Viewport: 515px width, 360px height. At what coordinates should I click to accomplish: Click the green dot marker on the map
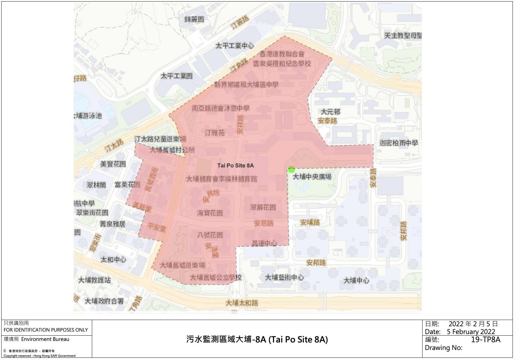tap(291, 169)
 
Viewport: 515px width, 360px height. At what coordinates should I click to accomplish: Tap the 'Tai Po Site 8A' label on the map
tap(235, 166)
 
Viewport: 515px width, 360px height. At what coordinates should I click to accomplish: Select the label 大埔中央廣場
tap(312, 177)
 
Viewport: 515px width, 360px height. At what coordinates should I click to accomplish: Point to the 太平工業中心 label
tap(234, 46)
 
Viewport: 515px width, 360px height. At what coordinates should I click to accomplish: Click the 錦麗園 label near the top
tap(194, 19)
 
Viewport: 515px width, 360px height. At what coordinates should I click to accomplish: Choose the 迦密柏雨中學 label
tap(398, 143)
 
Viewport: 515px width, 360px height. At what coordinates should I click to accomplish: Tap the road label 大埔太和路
tap(242, 303)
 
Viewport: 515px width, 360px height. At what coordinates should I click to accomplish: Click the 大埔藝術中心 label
tap(284, 277)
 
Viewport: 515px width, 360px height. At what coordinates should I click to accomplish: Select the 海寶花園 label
tap(210, 213)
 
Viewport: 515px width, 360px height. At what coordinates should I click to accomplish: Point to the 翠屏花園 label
tap(263, 207)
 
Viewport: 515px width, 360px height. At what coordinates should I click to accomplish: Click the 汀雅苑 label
tap(215, 133)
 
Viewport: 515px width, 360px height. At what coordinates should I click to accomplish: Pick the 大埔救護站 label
tap(94, 280)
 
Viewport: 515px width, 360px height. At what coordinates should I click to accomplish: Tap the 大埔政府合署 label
tap(104, 301)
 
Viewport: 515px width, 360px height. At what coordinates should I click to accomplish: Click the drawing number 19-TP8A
tap(485, 340)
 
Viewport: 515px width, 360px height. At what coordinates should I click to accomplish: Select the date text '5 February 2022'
tap(471, 332)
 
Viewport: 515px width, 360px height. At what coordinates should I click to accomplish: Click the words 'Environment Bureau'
tap(45, 339)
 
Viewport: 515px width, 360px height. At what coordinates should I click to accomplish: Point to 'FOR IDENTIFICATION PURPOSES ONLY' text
tap(46, 330)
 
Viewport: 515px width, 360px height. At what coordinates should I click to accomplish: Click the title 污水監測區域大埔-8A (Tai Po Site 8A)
tap(257, 339)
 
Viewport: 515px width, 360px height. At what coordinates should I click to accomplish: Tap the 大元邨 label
tap(330, 112)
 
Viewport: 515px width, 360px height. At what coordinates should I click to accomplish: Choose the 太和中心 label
tap(113, 260)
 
